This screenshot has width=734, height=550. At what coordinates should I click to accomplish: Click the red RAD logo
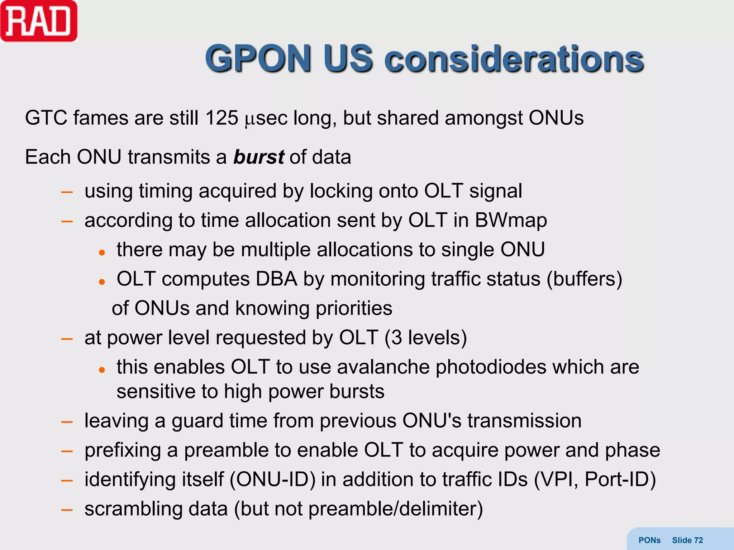tap(39, 21)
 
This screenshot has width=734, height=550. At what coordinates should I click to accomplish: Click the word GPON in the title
tap(258, 59)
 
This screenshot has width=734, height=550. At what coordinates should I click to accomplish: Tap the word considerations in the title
tap(514, 59)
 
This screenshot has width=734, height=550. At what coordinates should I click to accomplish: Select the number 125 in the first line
tap(222, 118)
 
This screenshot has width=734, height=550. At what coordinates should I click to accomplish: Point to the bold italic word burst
tap(259, 157)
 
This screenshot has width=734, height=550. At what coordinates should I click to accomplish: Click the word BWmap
tap(511, 220)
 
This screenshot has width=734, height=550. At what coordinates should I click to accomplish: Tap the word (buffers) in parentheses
tap(584, 279)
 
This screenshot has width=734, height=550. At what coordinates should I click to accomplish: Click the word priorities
tap(354, 308)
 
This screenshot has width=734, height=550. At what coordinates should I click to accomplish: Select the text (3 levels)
tap(425, 338)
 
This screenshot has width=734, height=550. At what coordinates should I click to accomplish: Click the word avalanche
tap(383, 367)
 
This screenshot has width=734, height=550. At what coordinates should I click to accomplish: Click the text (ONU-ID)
tap(272, 479)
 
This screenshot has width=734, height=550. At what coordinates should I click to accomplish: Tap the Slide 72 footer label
tap(687, 540)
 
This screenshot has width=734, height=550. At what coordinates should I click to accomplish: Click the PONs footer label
tap(649, 540)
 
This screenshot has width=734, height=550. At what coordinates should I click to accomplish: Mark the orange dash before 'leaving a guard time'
tap(67, 422)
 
